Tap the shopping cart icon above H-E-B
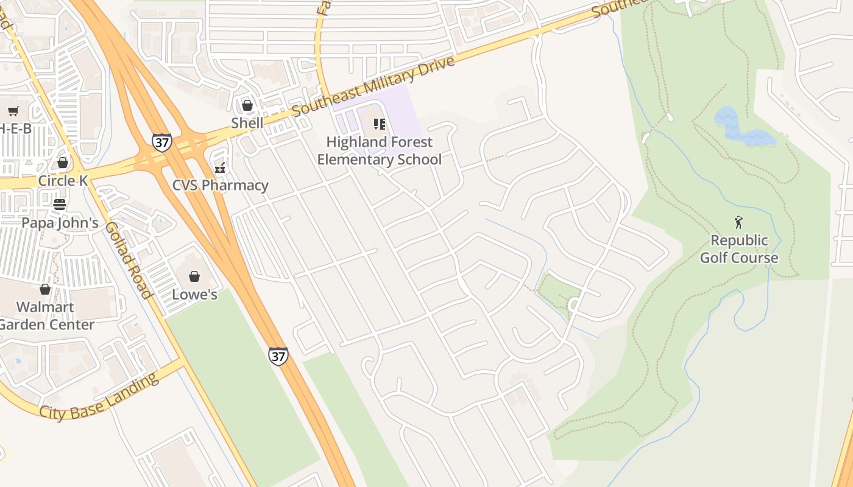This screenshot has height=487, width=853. (x=13, y=111)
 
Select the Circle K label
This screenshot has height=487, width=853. (x=63, y=181)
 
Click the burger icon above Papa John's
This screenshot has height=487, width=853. (x=60, y=205)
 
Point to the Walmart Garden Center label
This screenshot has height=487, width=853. (x=46, y=315)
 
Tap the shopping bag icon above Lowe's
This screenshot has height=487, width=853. (x=194, y=277)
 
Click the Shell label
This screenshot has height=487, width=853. (x=247, y=123)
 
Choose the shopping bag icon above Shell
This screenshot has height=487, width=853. (x=247, y=105)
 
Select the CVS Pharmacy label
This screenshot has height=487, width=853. (x=220, y=185)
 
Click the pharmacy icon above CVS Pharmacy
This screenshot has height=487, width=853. (x=220, y=167)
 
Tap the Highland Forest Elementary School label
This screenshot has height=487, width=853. (x=379, y=151)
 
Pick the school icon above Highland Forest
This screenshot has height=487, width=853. (x=380, y=124)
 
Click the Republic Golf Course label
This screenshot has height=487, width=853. (x=738, y=249)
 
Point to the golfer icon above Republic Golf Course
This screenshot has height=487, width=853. (x=738, y=222)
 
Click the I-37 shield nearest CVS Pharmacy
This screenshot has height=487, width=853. (x=161, y=142)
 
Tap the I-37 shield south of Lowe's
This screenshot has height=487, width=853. (x=278, y=356)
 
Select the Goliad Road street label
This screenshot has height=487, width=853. (x=128, y=260)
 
